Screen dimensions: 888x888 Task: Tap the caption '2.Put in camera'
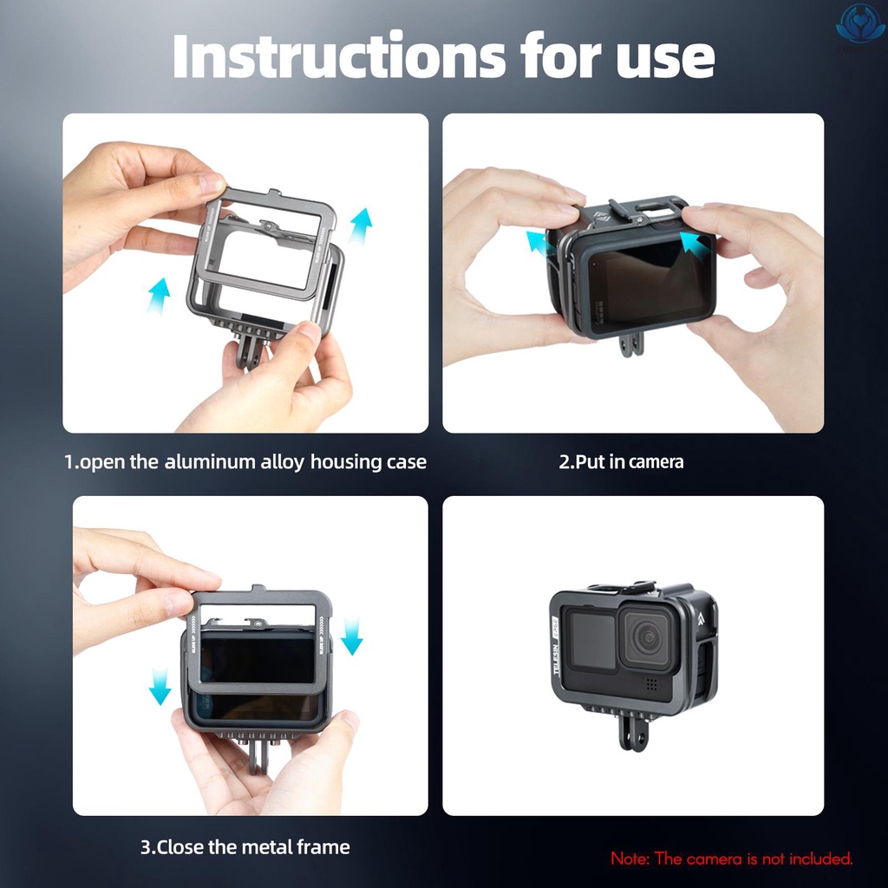pyautogui.click(x=621, y=461)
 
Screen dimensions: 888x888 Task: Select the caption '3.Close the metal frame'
pyautogui.click(x=245, y=846)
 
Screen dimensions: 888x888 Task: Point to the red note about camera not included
pyautogui.click(x=732, y=859)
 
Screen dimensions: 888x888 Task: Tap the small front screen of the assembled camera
pyautogui.click(x=591, y=638)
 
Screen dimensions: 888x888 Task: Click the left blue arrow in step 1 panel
pyautogui.click(x=158, y=295)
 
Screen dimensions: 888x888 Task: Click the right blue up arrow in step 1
pyautogui.click(x=361, y=225)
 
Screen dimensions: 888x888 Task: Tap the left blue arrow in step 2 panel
pyautogui.click(x=537, y=243)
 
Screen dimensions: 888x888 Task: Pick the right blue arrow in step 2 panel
pyautogui.click(x=691, y=243)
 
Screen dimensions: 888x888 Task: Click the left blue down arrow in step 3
pyautogui.click(x=160, y=685)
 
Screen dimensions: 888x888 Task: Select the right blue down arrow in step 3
pyautogui.click(x=351, y=636)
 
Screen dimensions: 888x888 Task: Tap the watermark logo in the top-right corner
pyautogui.click(x=859, y=22)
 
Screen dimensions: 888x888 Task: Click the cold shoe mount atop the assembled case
pyautogui.click(x=623, y=590)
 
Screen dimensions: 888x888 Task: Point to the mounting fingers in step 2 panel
pyautogui.click(x=631, y=343)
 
